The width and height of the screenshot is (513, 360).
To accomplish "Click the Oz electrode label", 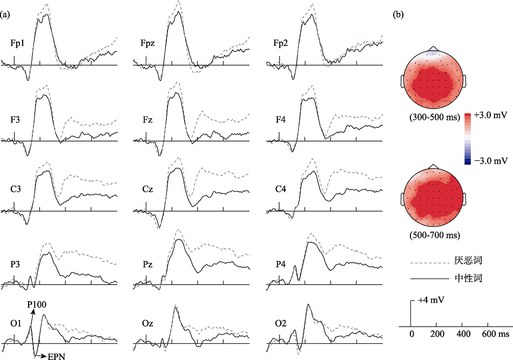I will tap(147, 323).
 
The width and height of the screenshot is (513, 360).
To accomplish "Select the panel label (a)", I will tap(6, 15).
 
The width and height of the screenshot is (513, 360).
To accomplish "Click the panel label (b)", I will tap(398, 15).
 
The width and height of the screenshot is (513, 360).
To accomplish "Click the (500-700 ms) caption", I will tap(431, 236).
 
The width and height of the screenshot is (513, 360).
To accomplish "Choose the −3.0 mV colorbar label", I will tap(490, 160).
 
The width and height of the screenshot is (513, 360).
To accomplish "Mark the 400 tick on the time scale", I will tap(462, 335).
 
